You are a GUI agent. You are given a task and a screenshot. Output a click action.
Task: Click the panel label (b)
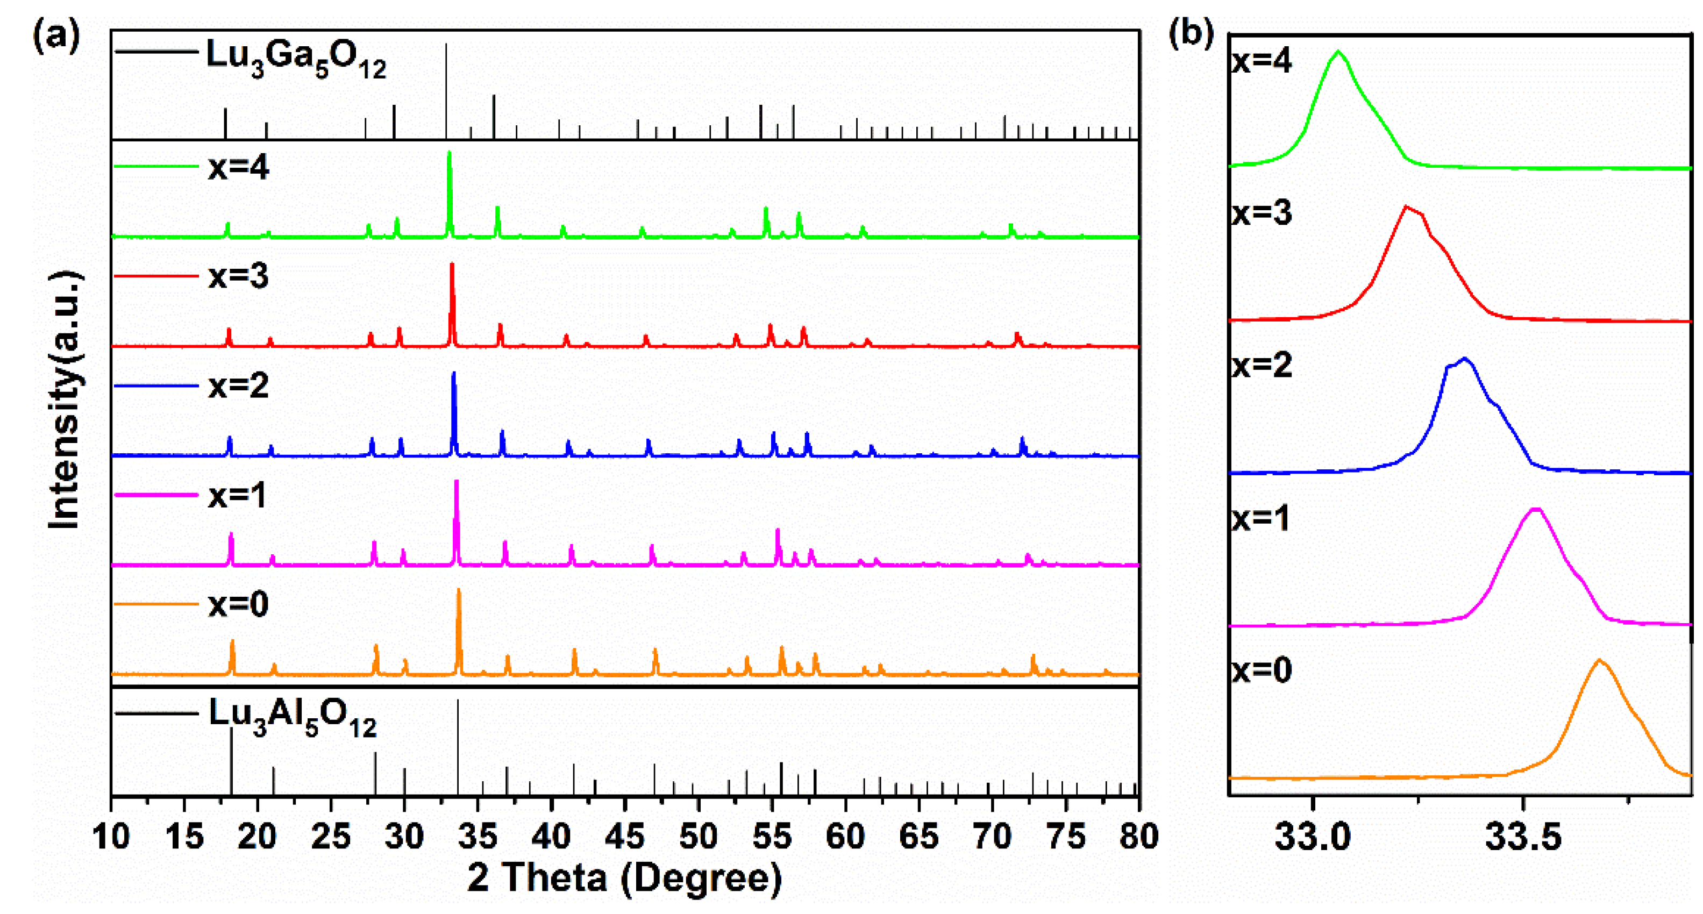coord(1191,33)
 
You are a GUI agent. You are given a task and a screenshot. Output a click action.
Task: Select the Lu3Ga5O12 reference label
coord(296,58)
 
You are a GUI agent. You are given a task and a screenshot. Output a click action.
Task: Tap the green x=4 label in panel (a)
coord(238,167)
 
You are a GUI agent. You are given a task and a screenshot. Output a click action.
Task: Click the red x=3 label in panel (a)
coord(238,276)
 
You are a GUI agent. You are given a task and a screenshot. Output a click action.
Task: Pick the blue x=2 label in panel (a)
coord(238,385)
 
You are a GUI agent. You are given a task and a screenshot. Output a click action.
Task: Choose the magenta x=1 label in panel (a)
coord(237,495)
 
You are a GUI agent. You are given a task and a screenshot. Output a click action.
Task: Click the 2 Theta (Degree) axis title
coord(624,877)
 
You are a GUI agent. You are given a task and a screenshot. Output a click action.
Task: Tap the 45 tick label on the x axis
coord(624,837)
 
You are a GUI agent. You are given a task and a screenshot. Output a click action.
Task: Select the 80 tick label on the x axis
coord(1138,837)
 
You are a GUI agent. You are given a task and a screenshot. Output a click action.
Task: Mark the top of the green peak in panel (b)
coord(1339,52)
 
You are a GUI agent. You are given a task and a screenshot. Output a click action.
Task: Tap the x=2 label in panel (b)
coord(1262,365)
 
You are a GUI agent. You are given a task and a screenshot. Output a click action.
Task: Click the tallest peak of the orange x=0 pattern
coord(459,590)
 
